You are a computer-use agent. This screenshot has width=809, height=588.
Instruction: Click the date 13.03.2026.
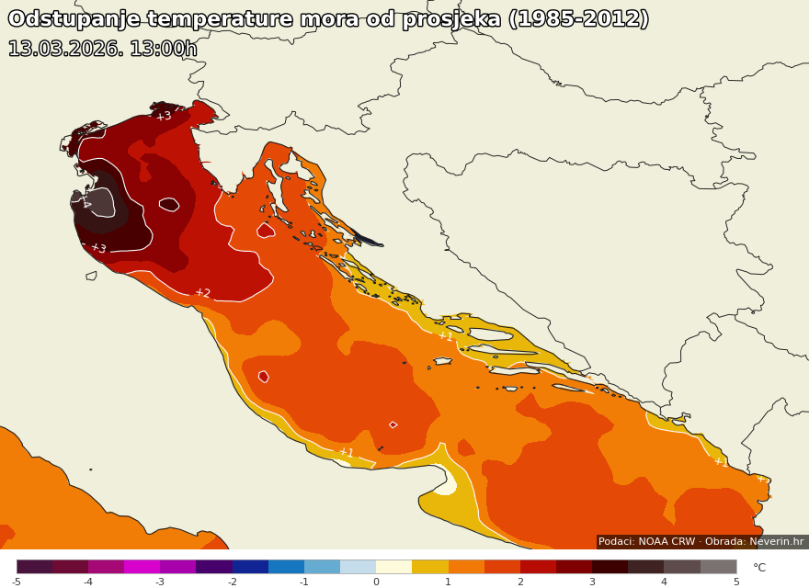64,50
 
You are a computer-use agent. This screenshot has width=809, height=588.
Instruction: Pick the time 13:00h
163,50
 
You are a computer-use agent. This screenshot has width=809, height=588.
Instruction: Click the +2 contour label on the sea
202,293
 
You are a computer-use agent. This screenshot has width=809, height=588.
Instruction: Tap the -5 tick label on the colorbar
16,582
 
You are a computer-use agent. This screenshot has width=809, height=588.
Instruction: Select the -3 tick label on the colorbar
160,582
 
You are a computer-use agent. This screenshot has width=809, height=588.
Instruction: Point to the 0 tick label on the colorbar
376,582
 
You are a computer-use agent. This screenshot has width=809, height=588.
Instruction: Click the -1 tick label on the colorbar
303,582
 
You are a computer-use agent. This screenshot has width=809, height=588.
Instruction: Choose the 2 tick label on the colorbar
519,582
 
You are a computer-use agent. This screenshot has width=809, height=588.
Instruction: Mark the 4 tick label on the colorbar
664,582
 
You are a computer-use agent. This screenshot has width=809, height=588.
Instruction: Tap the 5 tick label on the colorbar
735,582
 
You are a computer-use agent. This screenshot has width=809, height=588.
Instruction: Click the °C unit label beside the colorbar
759,568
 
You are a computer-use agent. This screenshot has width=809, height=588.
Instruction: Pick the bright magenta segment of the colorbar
142,567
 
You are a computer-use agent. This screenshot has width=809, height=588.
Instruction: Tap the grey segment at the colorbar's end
718,567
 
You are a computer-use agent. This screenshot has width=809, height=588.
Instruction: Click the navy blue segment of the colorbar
250,567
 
